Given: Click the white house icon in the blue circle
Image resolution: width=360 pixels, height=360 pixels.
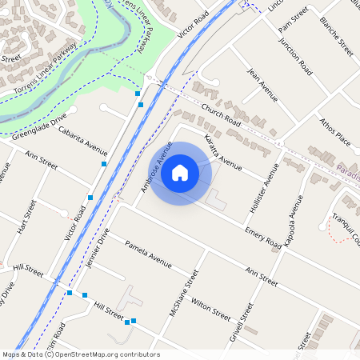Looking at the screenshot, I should [x=180, y=172].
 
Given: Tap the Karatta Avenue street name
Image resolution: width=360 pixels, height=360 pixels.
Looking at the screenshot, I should [x=222, y=153].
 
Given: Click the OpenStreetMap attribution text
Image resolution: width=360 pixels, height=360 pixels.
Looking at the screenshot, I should [x=81, y=354].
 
